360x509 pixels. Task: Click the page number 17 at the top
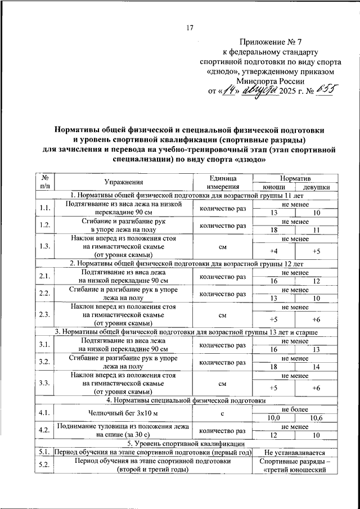[x=190, y=28]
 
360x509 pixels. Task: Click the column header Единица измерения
[x=222, y=182]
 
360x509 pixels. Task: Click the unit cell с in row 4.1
[x=222, y=414]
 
